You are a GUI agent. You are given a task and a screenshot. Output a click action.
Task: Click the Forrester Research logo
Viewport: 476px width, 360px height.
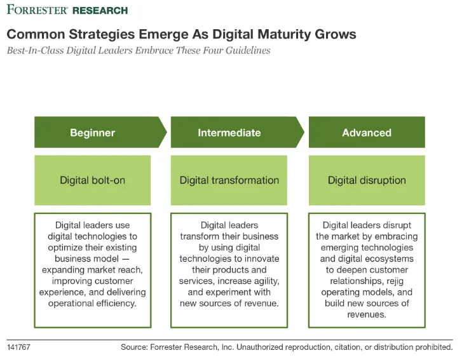(x=67, y=10)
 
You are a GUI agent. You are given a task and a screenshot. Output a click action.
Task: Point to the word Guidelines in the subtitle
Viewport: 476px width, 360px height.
(x=248, y=50)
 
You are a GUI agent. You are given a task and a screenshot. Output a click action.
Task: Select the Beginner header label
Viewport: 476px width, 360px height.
(x=92, y=133)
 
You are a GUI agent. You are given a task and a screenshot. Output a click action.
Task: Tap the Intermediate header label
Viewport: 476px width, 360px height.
(x=229, y=133)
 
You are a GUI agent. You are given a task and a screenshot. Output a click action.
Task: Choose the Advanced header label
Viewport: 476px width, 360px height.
(x=367, y=133)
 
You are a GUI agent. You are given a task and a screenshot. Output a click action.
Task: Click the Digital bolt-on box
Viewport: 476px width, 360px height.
(x=92, y=180)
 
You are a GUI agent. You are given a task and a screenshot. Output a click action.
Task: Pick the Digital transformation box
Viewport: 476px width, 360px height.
(x=229, y=180)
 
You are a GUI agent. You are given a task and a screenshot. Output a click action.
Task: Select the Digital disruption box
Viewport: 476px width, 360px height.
(x=367, y=180)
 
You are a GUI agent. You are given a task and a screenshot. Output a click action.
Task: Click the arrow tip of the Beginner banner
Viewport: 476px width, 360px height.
(x=167, y=132)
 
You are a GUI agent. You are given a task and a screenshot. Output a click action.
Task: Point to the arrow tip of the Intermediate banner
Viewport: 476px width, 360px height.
(x=304, y=132)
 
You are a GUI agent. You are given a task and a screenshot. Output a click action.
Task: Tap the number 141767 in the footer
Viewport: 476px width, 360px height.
(x=18, y=347)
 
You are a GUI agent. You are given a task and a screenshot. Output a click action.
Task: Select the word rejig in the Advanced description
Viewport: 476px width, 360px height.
(x=395, y=281)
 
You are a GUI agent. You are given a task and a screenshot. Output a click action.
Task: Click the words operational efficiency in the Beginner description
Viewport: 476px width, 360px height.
(x=92, y=303)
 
